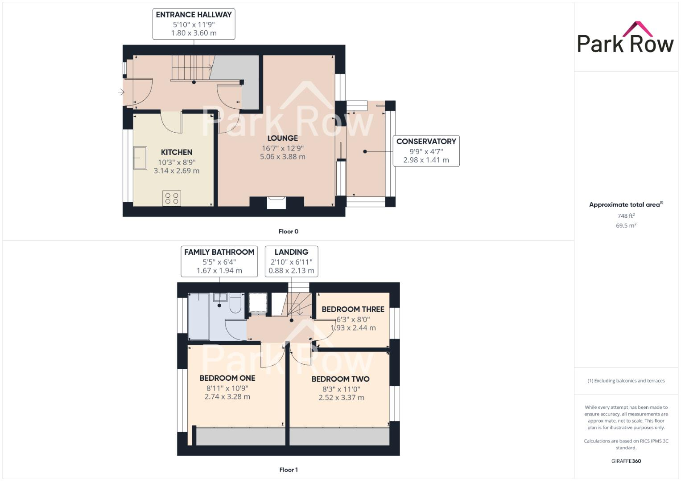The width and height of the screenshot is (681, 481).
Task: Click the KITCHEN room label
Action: pyautogui.click(x=177, y=152)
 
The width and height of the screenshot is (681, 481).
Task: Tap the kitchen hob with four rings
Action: pyautogui.click(x=172, y=198)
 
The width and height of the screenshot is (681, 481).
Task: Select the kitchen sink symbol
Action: pyautogui.click(x=140, y=158)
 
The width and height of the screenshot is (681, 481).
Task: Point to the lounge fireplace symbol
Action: pyautogui.click(x=277, y=203)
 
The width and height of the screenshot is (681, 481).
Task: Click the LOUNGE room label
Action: pyautogui.click(x=283, y=139)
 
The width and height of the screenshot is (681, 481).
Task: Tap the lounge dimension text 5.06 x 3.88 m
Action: pyautogui.click(x=283, y=157)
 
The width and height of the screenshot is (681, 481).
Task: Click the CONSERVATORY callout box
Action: pyautogui.click(x=426, y=151)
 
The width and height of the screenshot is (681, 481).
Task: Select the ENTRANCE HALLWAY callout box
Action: pyautogui.click(x=194, y=24)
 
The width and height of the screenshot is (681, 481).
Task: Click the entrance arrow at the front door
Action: pyautogui.click(x=121, y=92)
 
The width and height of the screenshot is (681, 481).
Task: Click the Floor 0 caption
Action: pyautogui.click(x=288, y=231)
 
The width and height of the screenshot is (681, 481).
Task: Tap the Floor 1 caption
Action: pyautogui.click(x=288, y=469)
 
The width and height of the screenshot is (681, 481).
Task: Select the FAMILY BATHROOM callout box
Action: pyautogui.click(x=219, y=261)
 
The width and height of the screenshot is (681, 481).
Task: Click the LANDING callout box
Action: pyautogui.click(x=291, y=261)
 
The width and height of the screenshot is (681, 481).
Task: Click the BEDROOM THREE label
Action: pyautogui.click(x=353, y=309)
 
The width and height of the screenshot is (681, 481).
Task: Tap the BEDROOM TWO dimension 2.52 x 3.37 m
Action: pyautogui.click(x=341, y=398)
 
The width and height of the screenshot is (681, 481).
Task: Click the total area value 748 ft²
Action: pyautogui.click(x=626, y=216)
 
